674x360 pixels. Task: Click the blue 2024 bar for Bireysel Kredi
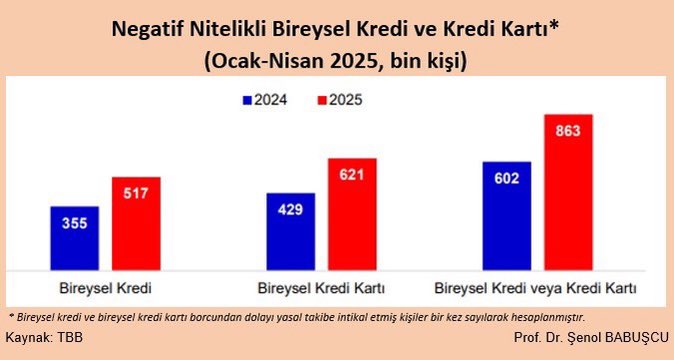coord(74,238)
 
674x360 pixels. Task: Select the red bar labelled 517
coord(136,223)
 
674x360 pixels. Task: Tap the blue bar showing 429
coord(290,231)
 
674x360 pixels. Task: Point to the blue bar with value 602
coord(507,215)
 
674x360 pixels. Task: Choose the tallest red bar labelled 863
coord(569,191)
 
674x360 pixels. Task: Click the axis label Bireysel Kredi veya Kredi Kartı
coord(537,290)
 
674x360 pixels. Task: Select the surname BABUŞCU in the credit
coord(630,337)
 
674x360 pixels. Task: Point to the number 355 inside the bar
coord(74,223)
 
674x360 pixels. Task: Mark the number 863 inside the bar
coord(569,130)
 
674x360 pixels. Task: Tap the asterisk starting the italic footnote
coord(10,314)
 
